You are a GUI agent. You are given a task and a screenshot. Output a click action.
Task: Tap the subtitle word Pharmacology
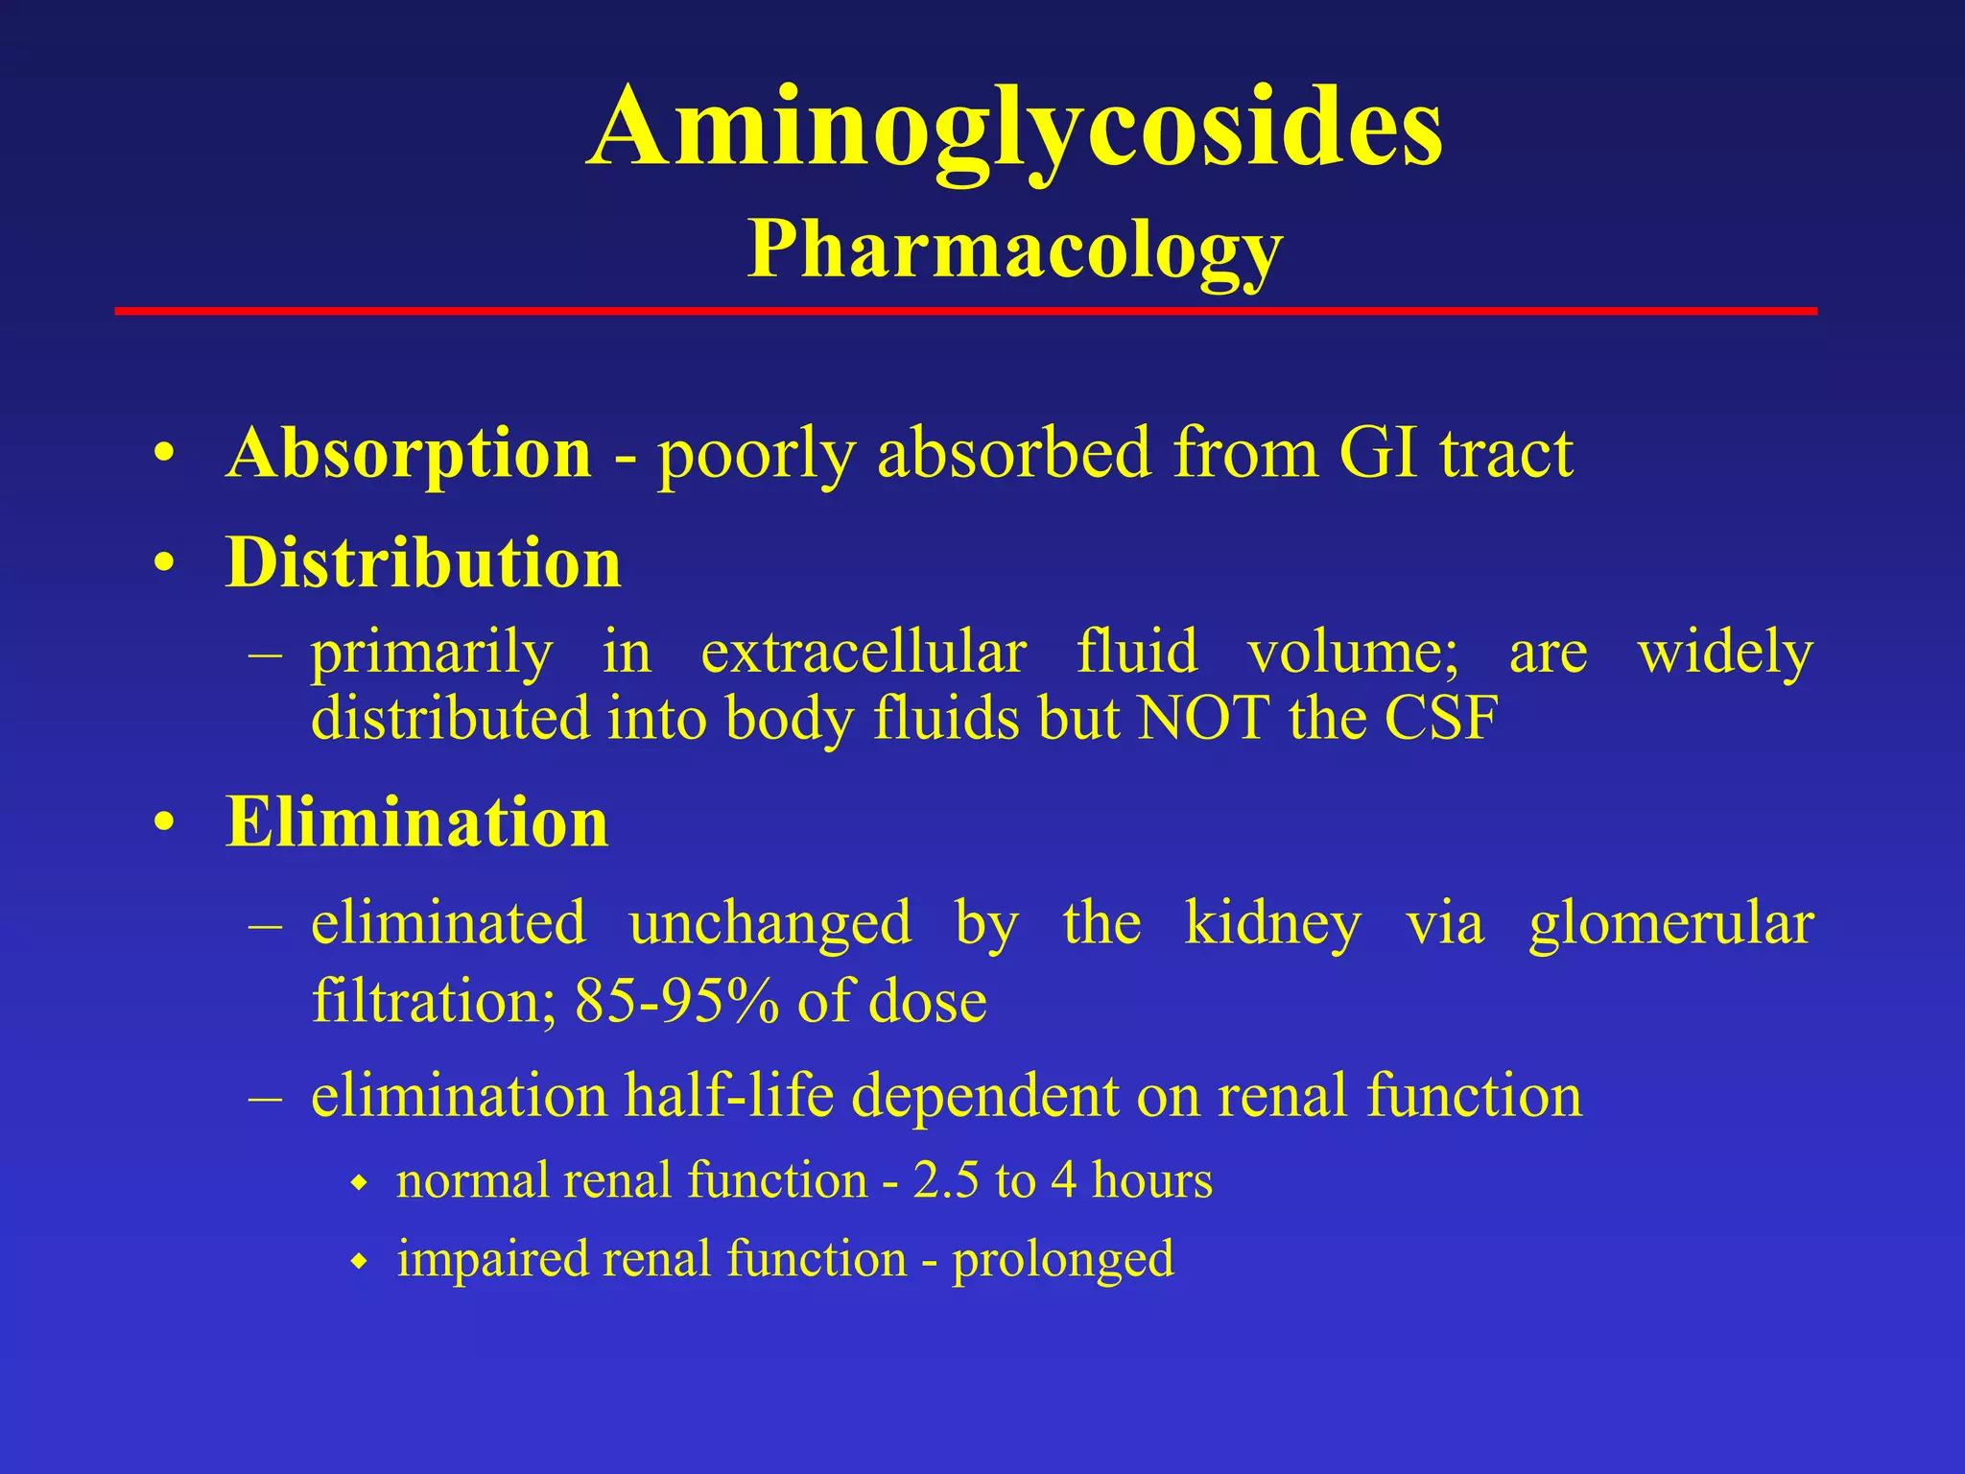click(x=1014, y=250)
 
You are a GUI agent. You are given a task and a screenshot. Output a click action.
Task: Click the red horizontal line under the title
click(x=965, y=311)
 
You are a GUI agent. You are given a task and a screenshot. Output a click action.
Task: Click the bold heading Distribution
click(x=423, y=563)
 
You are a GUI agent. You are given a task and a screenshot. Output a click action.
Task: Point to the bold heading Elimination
click(x=416, y=823)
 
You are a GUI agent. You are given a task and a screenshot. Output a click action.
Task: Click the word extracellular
click(x=864, y=653)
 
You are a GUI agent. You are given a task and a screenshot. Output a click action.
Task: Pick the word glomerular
click(x=1670, y=924)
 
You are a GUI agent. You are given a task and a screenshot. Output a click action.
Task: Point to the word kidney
click(x=1272, y=924)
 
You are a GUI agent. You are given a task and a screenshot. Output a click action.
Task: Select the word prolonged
click(x=1062, y=1259)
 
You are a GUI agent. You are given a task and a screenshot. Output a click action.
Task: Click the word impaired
click(x=492, y=1259)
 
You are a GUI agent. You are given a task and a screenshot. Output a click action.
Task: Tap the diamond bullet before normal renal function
click(x=360, y=1184)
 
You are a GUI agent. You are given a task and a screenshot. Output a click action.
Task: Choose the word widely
click(x=1724, y=653)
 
